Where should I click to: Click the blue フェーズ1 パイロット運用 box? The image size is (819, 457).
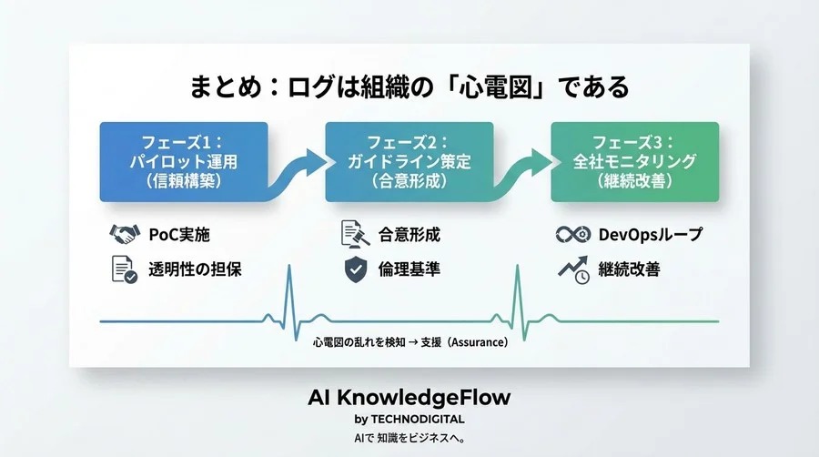pos(183,161)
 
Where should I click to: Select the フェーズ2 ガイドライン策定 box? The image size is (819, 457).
pos(409,161)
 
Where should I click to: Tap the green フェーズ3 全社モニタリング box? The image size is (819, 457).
pos(634,161)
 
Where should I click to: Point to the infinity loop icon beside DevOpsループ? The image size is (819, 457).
pos(571,235)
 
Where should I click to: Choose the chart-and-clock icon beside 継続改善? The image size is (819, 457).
pos(571,269)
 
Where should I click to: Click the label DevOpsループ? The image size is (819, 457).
pos(650,235)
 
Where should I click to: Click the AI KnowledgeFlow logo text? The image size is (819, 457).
pos(409,398)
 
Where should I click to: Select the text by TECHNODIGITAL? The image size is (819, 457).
pos(409,420)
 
